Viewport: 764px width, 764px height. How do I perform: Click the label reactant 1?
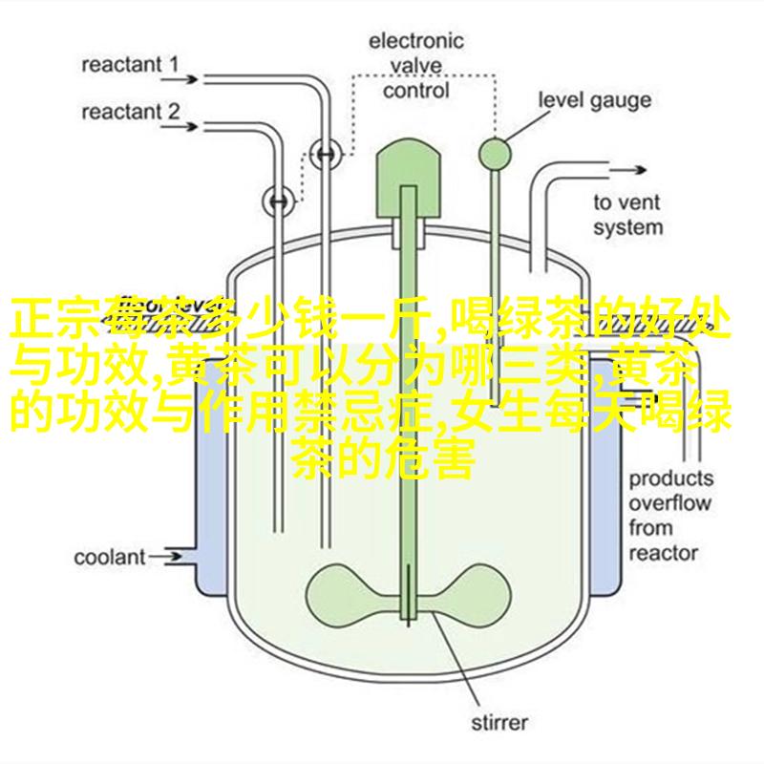pyautogui.click(x=130, y=65)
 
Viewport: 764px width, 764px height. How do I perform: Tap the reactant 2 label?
pyautogui.click(x=131, y=112)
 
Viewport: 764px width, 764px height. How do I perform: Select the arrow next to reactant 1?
pyautogui.click(x=180, y=79)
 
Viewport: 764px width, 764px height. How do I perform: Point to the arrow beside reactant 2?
pyautogui.click(x=180, y=127)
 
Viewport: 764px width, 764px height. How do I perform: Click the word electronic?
pyautogui.click(x=415, y=41)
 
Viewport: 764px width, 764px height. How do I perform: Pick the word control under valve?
pyautogui.click(x=415, y=91)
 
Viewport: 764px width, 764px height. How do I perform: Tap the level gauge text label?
pyautogui.click(x=594, y=100)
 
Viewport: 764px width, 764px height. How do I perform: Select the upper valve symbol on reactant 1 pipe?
pyautogui.click(x=326, y=154)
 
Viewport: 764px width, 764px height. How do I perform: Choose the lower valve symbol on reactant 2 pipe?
pyautogui.click(x=279, y=201)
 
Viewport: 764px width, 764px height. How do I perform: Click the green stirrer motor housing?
pyautogui.click(x=409, y=179)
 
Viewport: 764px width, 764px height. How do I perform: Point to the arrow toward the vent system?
pyautogui.click(x=627, y=170)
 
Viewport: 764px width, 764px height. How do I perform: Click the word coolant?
pyautogui.click(x=110, y=557)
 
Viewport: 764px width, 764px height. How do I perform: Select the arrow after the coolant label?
pyautogui.click(x=165, y=557)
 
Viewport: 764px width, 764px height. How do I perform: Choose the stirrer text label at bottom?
pyautogui.click(x=499, y=722)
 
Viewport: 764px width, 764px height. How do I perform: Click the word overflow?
pyautogui.click(x=670, y=503)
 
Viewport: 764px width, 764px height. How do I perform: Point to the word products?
pyautogui.click(x=671, y=479)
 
